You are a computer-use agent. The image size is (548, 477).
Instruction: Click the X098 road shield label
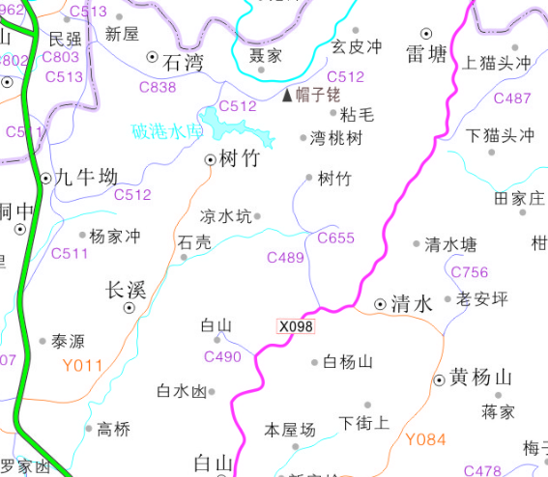296,326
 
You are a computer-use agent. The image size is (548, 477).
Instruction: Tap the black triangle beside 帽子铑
288,96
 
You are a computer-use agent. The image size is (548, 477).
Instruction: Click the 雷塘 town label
426,54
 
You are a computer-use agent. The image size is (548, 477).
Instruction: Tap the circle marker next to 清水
379,304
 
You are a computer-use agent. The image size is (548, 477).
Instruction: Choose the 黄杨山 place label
479,378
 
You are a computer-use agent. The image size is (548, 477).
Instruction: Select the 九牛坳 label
85,177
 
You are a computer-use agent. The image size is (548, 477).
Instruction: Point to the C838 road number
158,88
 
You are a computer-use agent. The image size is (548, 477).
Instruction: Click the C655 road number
336,238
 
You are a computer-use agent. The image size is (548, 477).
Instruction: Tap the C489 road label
285,258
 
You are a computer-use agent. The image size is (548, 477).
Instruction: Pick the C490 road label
222,357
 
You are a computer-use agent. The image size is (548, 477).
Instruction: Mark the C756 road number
470,273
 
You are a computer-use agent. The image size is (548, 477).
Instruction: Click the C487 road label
512,98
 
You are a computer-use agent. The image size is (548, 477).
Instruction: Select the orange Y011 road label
82,365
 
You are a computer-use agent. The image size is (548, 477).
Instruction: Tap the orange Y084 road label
425,440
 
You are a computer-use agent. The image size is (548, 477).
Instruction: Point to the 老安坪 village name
482,299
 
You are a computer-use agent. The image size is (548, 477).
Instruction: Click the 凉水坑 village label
224,216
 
